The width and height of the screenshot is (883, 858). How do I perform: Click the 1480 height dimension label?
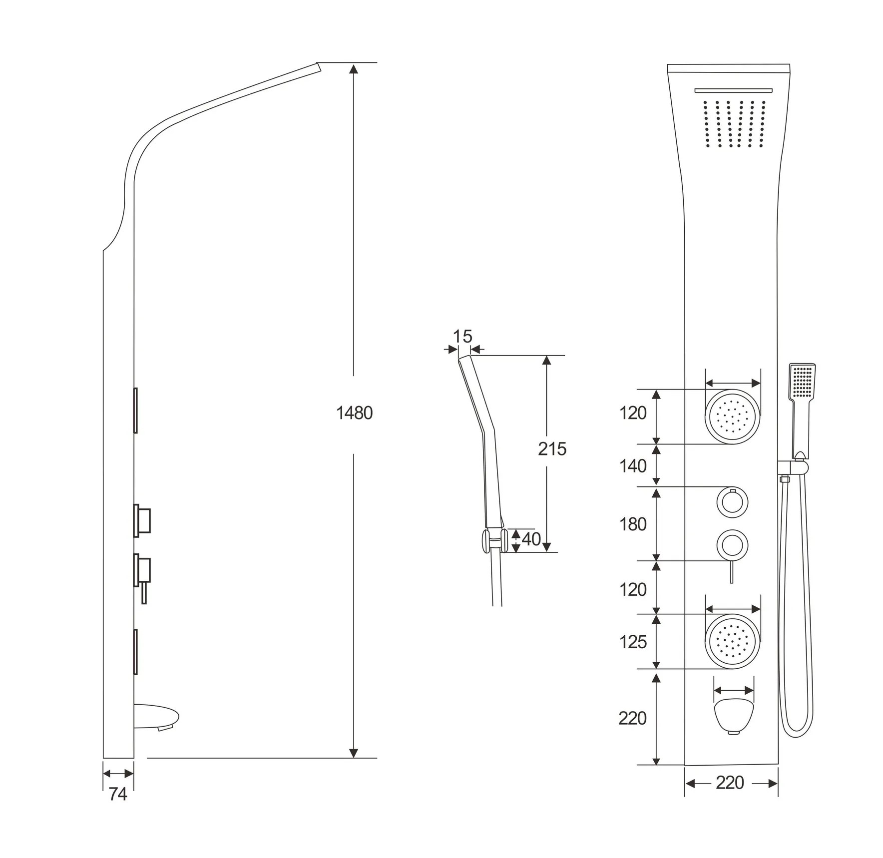pos(354,414)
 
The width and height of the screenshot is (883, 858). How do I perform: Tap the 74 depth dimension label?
pos(118,794)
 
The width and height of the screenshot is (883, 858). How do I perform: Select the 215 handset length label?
pos(552,449)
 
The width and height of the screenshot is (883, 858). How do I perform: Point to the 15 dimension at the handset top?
pos(462,337)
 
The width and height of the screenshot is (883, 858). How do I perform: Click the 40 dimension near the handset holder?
pos(531,539)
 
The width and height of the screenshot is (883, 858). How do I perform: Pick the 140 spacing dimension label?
pos(633,466)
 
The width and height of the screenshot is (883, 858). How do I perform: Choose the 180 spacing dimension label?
pos(633,524)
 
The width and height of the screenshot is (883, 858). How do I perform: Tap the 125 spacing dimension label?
pos(633,642)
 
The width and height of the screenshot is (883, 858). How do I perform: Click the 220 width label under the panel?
pos(730,783)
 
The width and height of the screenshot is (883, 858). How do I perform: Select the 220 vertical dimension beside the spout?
pos(632,718)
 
